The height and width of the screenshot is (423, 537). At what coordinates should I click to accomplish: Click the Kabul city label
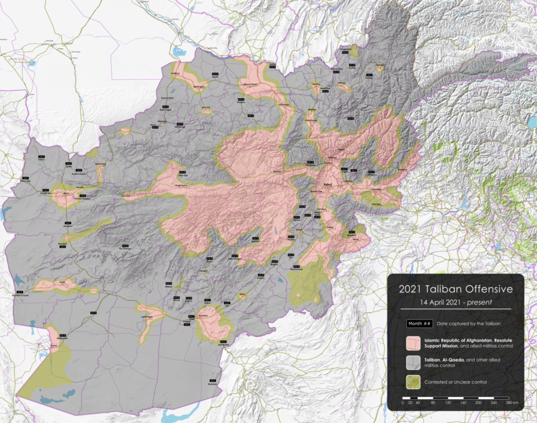[x=328, y=185]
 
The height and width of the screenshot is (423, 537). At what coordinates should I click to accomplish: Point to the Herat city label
[x=66, y=193]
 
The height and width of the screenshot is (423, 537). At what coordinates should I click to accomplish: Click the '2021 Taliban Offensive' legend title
[x=455, y=289]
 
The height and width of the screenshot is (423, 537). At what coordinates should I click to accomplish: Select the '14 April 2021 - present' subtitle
[x=455, y=302]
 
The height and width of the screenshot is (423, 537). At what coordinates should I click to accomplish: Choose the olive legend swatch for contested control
[x=414, y=382]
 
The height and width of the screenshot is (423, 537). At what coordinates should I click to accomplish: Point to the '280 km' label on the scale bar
[x=512, y=402]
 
